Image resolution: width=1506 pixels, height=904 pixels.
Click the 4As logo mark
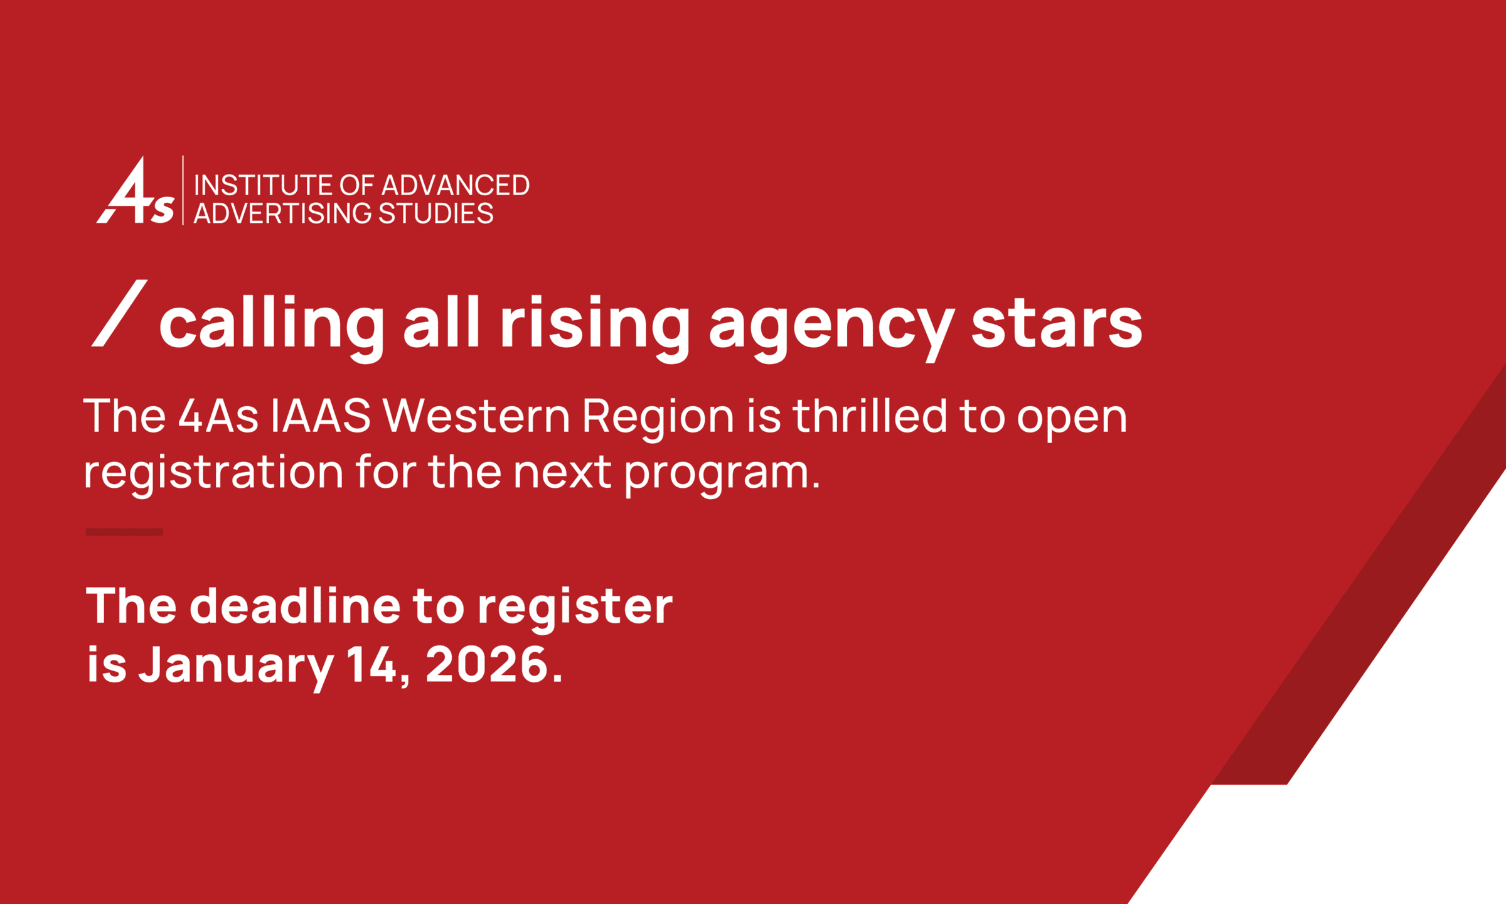[135, 190]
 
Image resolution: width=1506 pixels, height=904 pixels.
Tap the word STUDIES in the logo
[436, 213]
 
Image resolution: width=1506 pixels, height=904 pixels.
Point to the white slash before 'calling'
[119, 313]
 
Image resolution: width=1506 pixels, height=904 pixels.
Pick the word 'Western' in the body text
[476, 416]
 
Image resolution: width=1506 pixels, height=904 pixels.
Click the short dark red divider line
[124, 532]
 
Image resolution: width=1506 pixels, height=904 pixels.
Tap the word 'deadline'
[295, 606]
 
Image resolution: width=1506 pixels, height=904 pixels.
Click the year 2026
[488, 665]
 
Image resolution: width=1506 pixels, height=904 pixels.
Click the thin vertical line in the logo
[183, 190]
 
